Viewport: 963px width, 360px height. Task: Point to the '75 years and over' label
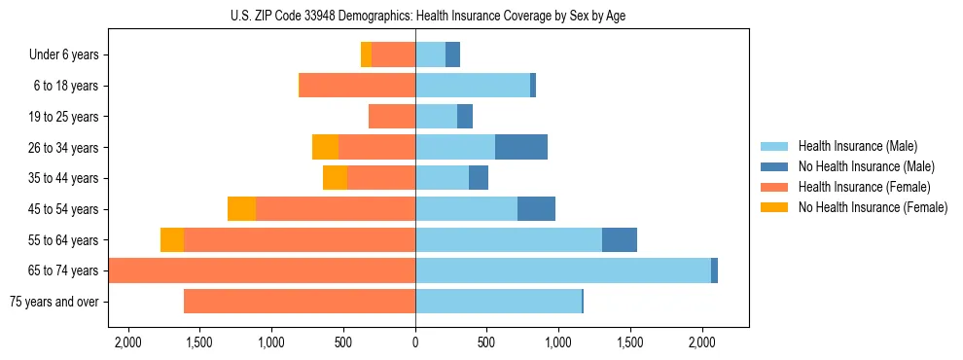[x=53, y=302]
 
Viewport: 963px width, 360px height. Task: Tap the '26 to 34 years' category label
[x=63, y=148]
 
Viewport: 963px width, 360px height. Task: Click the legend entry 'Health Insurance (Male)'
[x=856, y=146]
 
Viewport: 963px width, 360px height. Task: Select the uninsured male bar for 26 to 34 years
[x=521, y=147]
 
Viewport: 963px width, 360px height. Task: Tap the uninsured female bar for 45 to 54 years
[x=241, y=209]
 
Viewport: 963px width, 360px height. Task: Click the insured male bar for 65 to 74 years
[x=563, y=270]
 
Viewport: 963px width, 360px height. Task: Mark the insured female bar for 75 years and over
[x=300, y=302]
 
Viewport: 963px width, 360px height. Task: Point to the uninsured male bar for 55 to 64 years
[x=620, y=239]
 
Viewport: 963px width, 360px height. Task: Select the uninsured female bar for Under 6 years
[x=366, y=55]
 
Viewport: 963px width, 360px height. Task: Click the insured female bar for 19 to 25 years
[x=392, y=117]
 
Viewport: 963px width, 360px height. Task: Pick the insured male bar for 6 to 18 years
[x=473, y=86]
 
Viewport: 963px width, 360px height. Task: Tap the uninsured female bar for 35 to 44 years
[x=335, y=178]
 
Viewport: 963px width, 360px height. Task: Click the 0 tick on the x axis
[x=415, y=342]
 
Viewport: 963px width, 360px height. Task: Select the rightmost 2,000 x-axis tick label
[x=702, y=342]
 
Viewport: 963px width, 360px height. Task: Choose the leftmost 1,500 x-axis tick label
[x=198, y=342]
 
